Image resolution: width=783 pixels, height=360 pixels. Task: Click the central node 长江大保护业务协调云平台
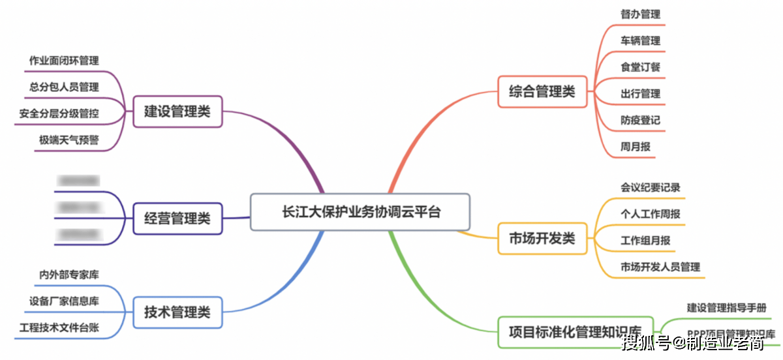point(360,212)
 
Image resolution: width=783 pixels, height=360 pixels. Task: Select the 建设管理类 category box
point(177,111)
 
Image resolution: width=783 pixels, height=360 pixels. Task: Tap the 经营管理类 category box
point(177,218)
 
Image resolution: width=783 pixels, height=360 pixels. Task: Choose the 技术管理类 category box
point(177,312)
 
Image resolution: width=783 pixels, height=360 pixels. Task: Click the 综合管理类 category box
point(542,92)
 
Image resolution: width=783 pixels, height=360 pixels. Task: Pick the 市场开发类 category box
point(542,238)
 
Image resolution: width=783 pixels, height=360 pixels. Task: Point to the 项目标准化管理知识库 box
point(575,330)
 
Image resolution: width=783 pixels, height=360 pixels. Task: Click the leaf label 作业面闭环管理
point(64,61)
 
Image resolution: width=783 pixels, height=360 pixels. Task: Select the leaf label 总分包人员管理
point(64,87)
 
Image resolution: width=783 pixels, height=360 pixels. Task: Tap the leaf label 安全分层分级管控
point(59,113)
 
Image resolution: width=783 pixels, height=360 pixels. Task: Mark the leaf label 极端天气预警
point(69,140)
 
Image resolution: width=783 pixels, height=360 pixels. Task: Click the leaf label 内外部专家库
point(69,275)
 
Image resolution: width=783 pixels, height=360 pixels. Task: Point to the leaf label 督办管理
point(640,14)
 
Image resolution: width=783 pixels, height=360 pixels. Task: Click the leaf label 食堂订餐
point(640,67)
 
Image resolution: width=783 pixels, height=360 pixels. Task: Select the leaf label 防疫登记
point(640,120)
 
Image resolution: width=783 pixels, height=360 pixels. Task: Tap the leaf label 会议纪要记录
point(650,187)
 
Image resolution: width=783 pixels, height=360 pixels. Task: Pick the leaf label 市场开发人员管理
point(660,267)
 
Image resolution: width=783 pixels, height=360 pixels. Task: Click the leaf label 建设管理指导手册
point(726,307)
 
